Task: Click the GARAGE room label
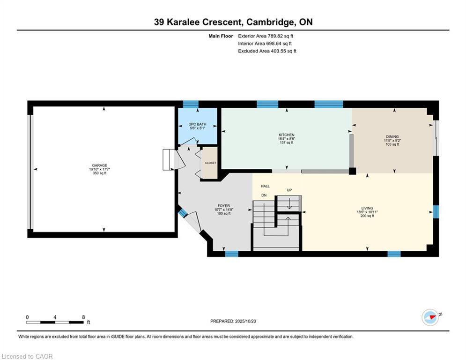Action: pos(99,165)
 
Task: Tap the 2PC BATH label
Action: pos(198,124)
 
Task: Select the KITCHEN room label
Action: pos(287,135)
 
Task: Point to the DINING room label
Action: pos(392,137)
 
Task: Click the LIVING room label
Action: pos(367,208)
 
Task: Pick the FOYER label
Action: pos(224,206)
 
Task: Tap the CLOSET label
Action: pos(210,163)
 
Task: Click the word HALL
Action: pos(266,186)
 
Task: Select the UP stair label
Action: pos(289,190)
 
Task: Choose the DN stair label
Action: pos(264,195)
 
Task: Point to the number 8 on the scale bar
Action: pos(83,317)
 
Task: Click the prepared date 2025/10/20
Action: pos(245,321)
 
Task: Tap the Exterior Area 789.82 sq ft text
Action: pos(266,36)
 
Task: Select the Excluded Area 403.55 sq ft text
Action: pos(267,51)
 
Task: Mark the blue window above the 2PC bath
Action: pos(191,104)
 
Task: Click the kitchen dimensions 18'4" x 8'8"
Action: pos(287,139)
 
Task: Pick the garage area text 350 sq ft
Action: pos(100,173)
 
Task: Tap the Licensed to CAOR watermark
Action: pos(27,356)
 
